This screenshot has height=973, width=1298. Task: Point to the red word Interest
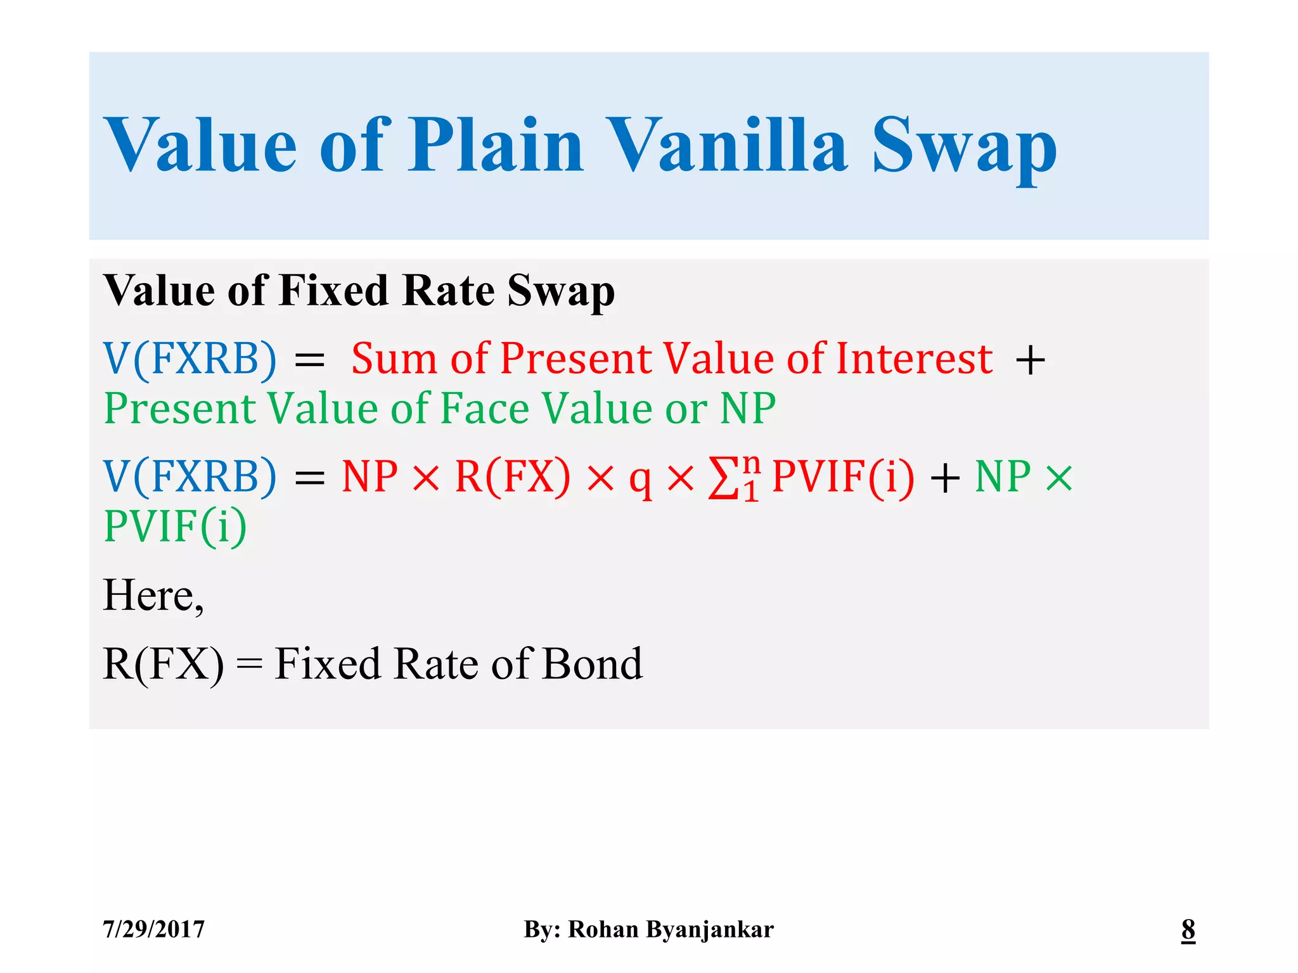coord(914,359)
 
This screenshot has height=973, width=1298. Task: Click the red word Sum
coord(394,359)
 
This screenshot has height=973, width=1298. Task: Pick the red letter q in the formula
coord(640,480)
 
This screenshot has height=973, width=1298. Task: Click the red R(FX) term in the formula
coord(512,476)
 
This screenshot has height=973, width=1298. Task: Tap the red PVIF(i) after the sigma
coord(844,476)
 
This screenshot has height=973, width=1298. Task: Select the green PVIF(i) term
coord(176,526)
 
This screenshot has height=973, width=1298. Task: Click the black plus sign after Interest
coord(1030,360)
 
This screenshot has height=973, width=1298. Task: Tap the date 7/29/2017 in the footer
coord(154,929)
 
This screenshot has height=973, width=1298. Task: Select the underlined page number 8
coord(1188,929)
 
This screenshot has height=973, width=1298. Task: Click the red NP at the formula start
coord(369,476)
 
